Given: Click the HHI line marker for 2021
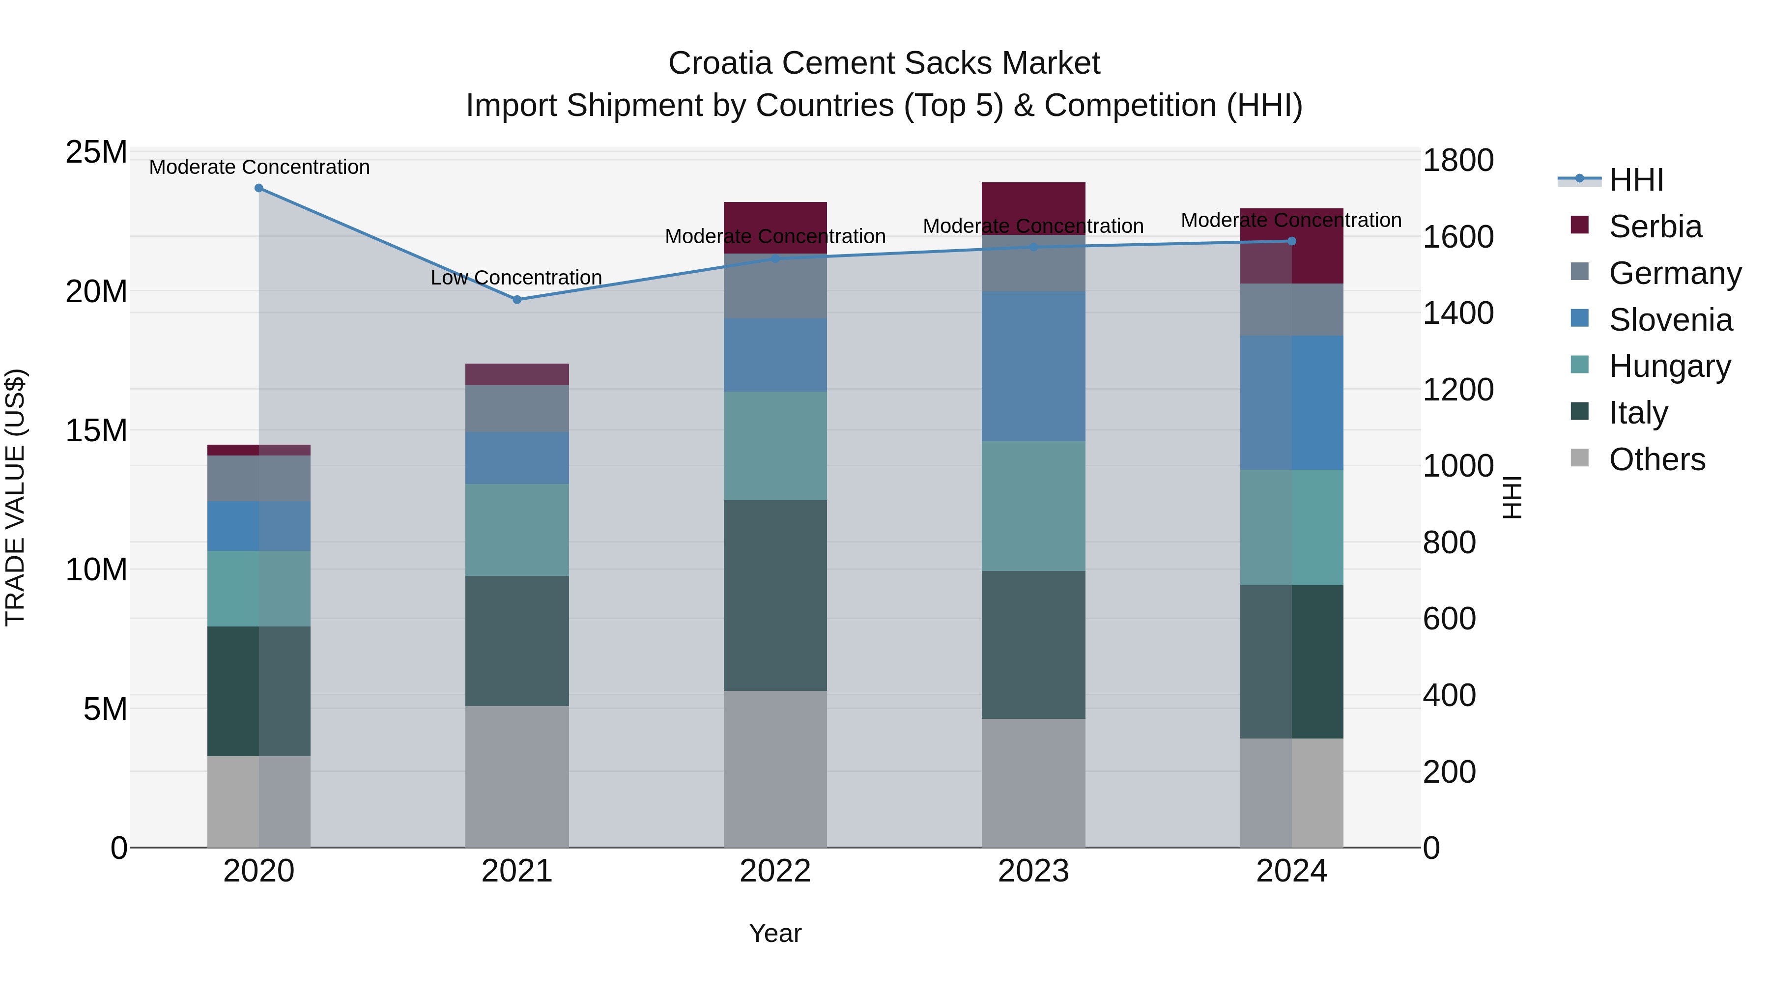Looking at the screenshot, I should pos(517,299).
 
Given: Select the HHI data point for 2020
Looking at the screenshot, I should pos(259,188).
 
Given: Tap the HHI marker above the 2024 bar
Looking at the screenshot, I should pos(1291,241).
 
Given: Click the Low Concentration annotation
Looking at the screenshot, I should pos(516,278).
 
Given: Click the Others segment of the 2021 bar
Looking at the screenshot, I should pos(517,776).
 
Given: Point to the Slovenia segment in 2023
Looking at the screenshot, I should pos(1033,366).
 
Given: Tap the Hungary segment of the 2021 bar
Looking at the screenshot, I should pos(517,529).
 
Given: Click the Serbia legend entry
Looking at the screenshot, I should pos(1655,227).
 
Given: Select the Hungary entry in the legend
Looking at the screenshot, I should pos(1669,366).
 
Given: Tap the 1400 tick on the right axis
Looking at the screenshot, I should pos(1458,313).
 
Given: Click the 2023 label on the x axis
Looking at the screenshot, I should pos(1033,871).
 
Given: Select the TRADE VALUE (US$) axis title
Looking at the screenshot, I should pos(15,497).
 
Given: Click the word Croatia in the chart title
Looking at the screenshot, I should pos(720,63).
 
